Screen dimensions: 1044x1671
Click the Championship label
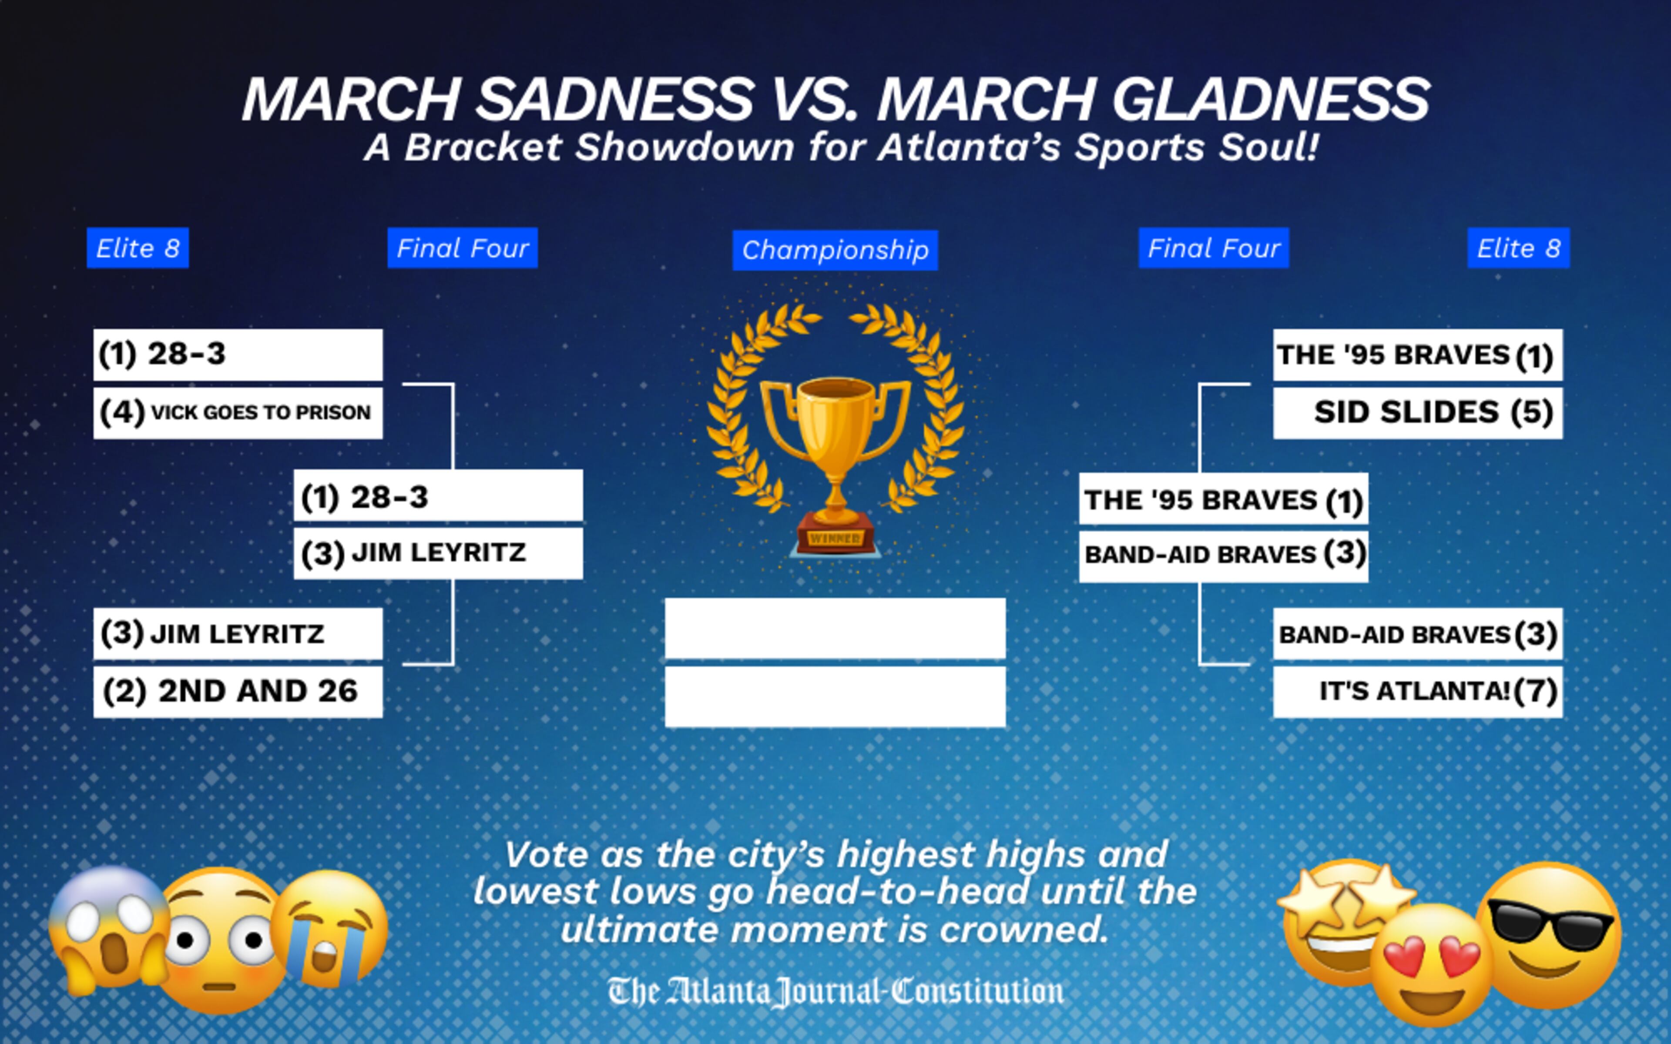tap(835, 250)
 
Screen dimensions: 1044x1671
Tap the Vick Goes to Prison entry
tap(238, 412)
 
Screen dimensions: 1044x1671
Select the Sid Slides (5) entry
tap(1418, 412)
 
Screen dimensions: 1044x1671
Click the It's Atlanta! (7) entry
tap(1418, 691)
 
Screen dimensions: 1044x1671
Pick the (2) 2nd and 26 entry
tap(238, 691)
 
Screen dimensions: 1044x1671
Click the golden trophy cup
tap(835, 442)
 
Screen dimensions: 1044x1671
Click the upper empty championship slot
tap(835, 628)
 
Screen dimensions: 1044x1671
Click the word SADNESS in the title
tap(614, 100)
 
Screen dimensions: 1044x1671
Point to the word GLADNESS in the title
tap(1271, 100)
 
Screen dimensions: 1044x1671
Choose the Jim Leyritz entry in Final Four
tap(438, 553)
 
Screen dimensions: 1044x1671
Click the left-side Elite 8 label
tap(138, 248)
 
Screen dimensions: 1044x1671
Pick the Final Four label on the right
tap(1213, 248)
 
